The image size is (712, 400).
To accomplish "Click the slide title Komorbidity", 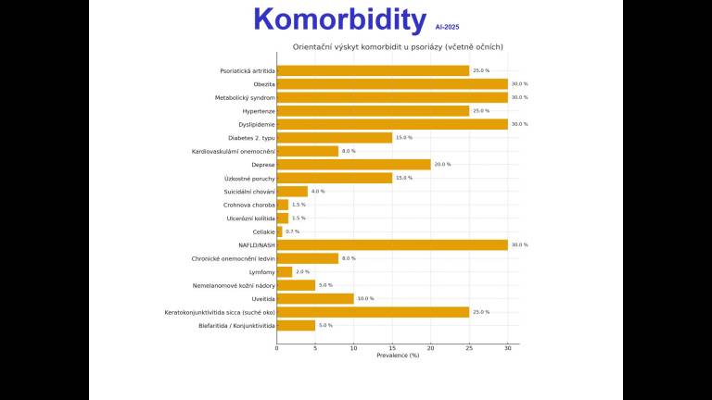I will point(339,19).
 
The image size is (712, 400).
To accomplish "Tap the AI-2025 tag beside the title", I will point(447,28).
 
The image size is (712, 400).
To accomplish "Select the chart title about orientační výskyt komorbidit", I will point(398,47).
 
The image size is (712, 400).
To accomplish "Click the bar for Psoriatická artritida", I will point(373,70).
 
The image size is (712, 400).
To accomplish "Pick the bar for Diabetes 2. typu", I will point(334,137).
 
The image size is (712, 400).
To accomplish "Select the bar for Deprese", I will point(353,164).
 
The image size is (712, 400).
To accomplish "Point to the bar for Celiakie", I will point(279,231).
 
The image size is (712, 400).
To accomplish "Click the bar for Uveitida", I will point(315,298).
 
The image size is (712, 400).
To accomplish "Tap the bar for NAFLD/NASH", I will point(392,244).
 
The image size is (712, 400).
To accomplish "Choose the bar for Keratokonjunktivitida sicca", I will point(373,312).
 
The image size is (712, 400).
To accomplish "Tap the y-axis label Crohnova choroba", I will point(249,205).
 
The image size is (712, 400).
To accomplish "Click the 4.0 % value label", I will point(317,192).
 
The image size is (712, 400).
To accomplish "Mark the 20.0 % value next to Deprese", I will point(442,165).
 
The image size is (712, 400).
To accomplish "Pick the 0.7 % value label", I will point(293,231).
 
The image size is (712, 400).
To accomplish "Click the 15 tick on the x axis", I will point(392,348).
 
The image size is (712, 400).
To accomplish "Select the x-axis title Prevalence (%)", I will point(398,356).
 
